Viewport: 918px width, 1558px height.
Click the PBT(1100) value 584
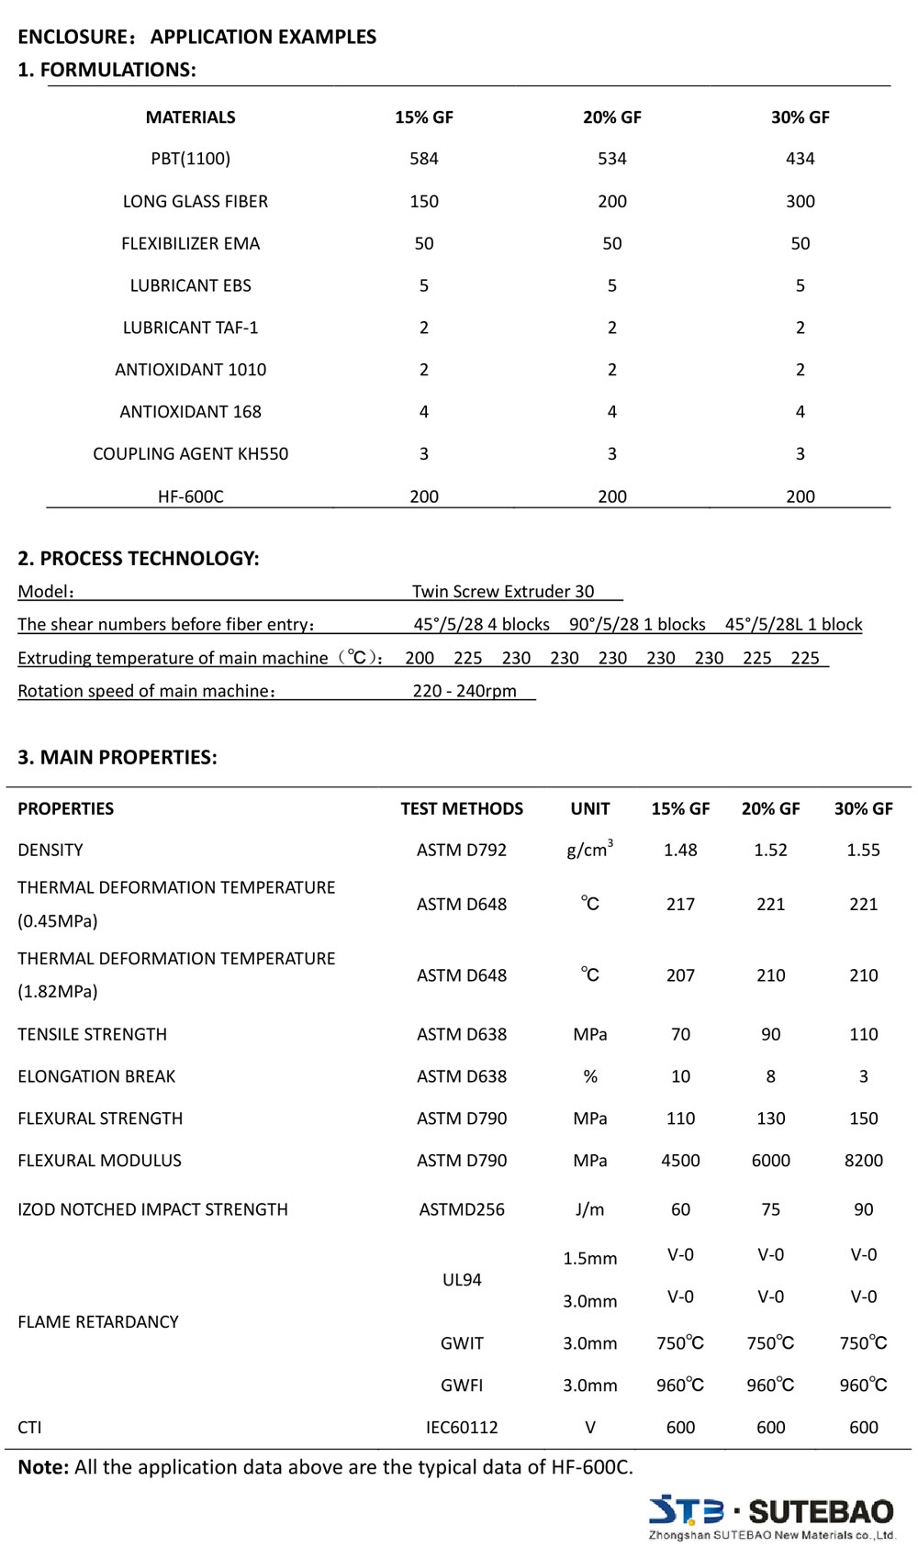[423, 159]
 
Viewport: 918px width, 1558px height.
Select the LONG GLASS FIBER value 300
[800, 201]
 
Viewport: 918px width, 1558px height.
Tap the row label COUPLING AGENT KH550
[190, 453]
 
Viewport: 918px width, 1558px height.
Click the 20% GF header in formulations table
[611, 117]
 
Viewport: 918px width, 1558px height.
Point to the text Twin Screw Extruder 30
[503, 592]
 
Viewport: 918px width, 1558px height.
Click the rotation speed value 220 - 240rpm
[465, 691]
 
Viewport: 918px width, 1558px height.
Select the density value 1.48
[680, 850]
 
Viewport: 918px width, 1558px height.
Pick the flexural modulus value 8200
[863, 1161]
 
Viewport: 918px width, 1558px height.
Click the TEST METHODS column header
[462, 808]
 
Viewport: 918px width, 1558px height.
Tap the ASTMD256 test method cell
[462, 1209]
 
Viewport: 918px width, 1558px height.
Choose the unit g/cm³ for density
[589, 849]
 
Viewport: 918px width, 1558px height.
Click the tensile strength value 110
[863, 1034]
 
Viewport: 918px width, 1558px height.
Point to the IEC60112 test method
[462, 1428]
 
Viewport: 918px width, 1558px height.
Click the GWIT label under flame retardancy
[462, 1343]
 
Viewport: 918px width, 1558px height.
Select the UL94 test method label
[462, 1280]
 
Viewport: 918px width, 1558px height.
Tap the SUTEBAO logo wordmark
[820, 1511]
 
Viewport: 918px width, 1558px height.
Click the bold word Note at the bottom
[43, 1467]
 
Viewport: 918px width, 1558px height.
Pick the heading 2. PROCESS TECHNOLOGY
[139, 559]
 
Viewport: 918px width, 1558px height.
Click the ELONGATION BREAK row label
[96, 1076]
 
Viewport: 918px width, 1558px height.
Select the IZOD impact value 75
[770, 1209]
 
